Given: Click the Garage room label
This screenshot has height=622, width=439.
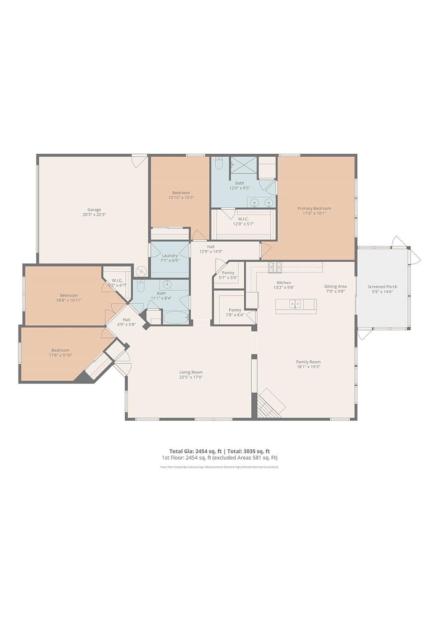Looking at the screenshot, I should coord(94,210).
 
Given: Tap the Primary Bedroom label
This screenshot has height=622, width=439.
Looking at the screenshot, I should coord(314,209).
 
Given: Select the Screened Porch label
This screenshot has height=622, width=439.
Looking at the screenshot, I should coord(382,287).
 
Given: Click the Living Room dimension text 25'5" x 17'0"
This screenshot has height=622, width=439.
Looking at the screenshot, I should coord(191,377).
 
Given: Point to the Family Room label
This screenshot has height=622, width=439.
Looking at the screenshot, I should coord(308,362).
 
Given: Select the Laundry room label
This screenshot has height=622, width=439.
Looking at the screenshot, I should coord(170,256).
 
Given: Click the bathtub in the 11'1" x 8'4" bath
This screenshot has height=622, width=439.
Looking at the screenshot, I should coord(175,317).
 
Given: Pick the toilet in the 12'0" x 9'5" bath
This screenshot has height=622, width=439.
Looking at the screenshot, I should coord(218,163).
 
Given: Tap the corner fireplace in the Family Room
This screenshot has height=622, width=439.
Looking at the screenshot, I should coord(270,403).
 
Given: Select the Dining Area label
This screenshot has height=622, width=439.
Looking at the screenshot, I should coord(335,286).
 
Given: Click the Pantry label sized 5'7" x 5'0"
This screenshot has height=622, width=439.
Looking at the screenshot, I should coord(228,273).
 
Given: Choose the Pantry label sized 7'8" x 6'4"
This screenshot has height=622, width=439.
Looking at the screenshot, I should coord(235,310).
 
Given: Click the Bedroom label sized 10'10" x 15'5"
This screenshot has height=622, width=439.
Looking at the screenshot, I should coord(181,193).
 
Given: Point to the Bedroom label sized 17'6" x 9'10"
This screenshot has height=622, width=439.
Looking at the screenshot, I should coord(60,350).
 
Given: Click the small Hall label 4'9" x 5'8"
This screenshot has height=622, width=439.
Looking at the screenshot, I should coord(126,320).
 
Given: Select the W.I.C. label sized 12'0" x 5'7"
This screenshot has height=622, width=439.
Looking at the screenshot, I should coord(243,219).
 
